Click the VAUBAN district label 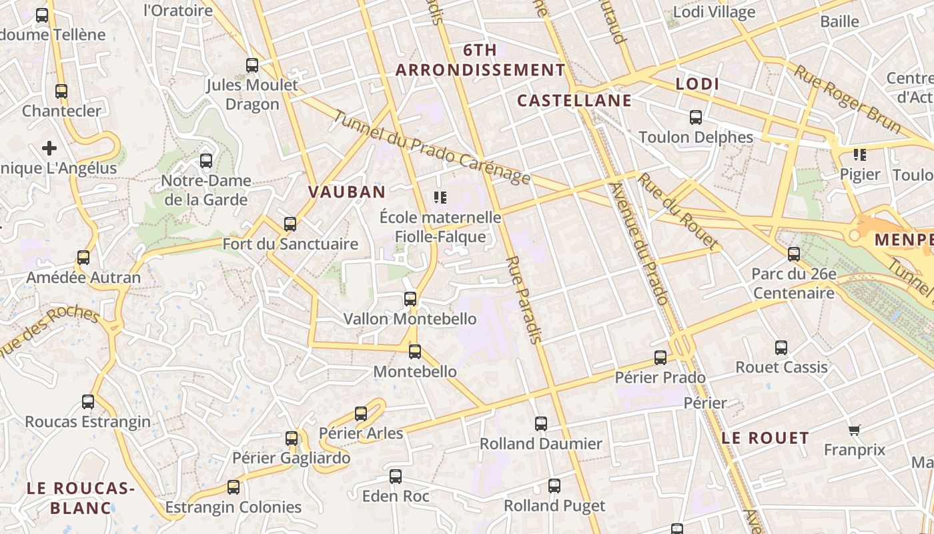click(x=346, y=192)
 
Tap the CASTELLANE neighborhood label click(x=574, y=101)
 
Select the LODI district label click(x=697, y=84)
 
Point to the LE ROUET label click(x=765, y=439)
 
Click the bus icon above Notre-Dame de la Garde click(x=206, y=161)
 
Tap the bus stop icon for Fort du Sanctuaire click(x=290, y=224)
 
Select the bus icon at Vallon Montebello click(x=410, y=299)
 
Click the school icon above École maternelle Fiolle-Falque click(x=440, y=197)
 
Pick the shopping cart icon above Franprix click(x=854, y=430)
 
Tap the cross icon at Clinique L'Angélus click(x=49, y=148)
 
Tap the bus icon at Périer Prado click(x=660, y=358)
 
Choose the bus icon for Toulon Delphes click(x=696, y=117)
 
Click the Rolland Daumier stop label click(x=540, y=444)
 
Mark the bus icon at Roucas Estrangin click(x=88, y=402)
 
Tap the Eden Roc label click(x=396, y=497)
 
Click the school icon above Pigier click(x=860, y=155)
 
